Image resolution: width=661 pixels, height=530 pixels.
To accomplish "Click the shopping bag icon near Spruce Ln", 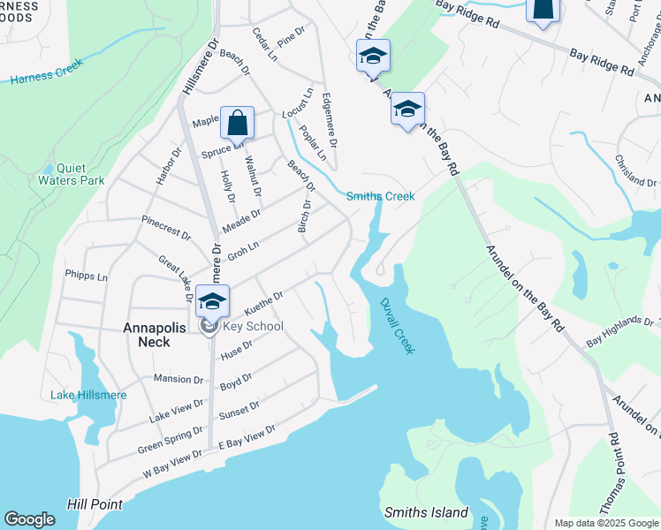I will pyautogui.click(x=238, y=123).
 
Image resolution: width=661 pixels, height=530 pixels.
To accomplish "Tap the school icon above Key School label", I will pyautogui.click(x=213, y=301).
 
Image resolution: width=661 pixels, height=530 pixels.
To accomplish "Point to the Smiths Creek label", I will pyautogui.click(x=380, y=196).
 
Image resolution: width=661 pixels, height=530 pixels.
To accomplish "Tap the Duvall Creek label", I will pyautogui.click(x=397, y=326).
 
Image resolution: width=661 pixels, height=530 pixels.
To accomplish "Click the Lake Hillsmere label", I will pyautogui.click(x=87, y=395).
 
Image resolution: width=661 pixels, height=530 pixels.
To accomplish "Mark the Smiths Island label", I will pyautogui.click(x=426, y=512).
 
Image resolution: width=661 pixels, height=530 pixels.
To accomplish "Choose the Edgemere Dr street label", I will pyautogui.click(x=331, y=120).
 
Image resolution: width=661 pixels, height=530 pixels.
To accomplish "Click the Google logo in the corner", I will pyautogui.click(x=29, y=519).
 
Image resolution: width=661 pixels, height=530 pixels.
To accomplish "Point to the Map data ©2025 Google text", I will pyautogui.click(x=604, y=523).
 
